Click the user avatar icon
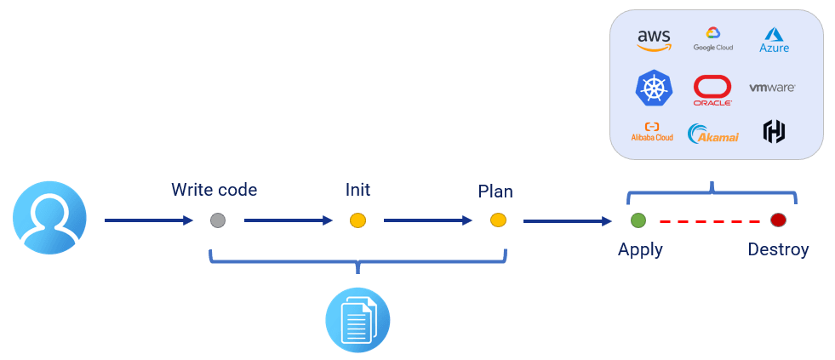(49, 218)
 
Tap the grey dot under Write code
(218, 221)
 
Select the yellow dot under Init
(357, 221)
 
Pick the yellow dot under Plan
(499, 221)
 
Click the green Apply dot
(638, 221)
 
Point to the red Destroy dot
(778, 221)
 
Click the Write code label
(214, 190)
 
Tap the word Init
(357, 190)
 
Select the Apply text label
(640, 249)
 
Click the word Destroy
(778, 249)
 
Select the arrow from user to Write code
(149, 221)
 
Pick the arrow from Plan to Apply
(567, 221)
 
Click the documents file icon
(357, 320)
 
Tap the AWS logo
(654, 40)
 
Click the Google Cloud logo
(712, 39)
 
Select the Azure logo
(774, 40)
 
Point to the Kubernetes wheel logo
(654, 89)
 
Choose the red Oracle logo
(712, 89)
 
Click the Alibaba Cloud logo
(652, 132)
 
